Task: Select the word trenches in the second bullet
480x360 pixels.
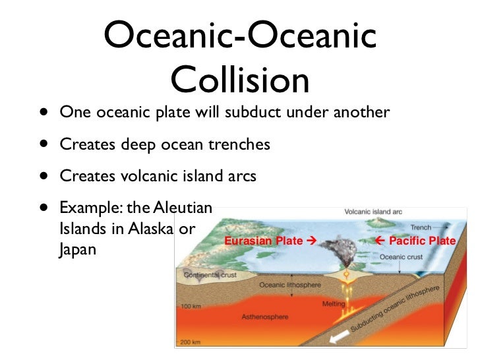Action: (x=241, y=144)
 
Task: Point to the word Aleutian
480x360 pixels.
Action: (x=183, y=208)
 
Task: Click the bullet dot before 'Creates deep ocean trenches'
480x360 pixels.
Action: (x=43, y=144)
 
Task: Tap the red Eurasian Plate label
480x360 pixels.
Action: (x=270, y=241)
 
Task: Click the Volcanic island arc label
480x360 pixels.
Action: (x=373, y=212)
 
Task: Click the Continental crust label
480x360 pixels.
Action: (x=209, y=275)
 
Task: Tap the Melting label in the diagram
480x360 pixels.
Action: (x=334, y=304)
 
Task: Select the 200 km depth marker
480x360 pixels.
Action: (x=191, y=343)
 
